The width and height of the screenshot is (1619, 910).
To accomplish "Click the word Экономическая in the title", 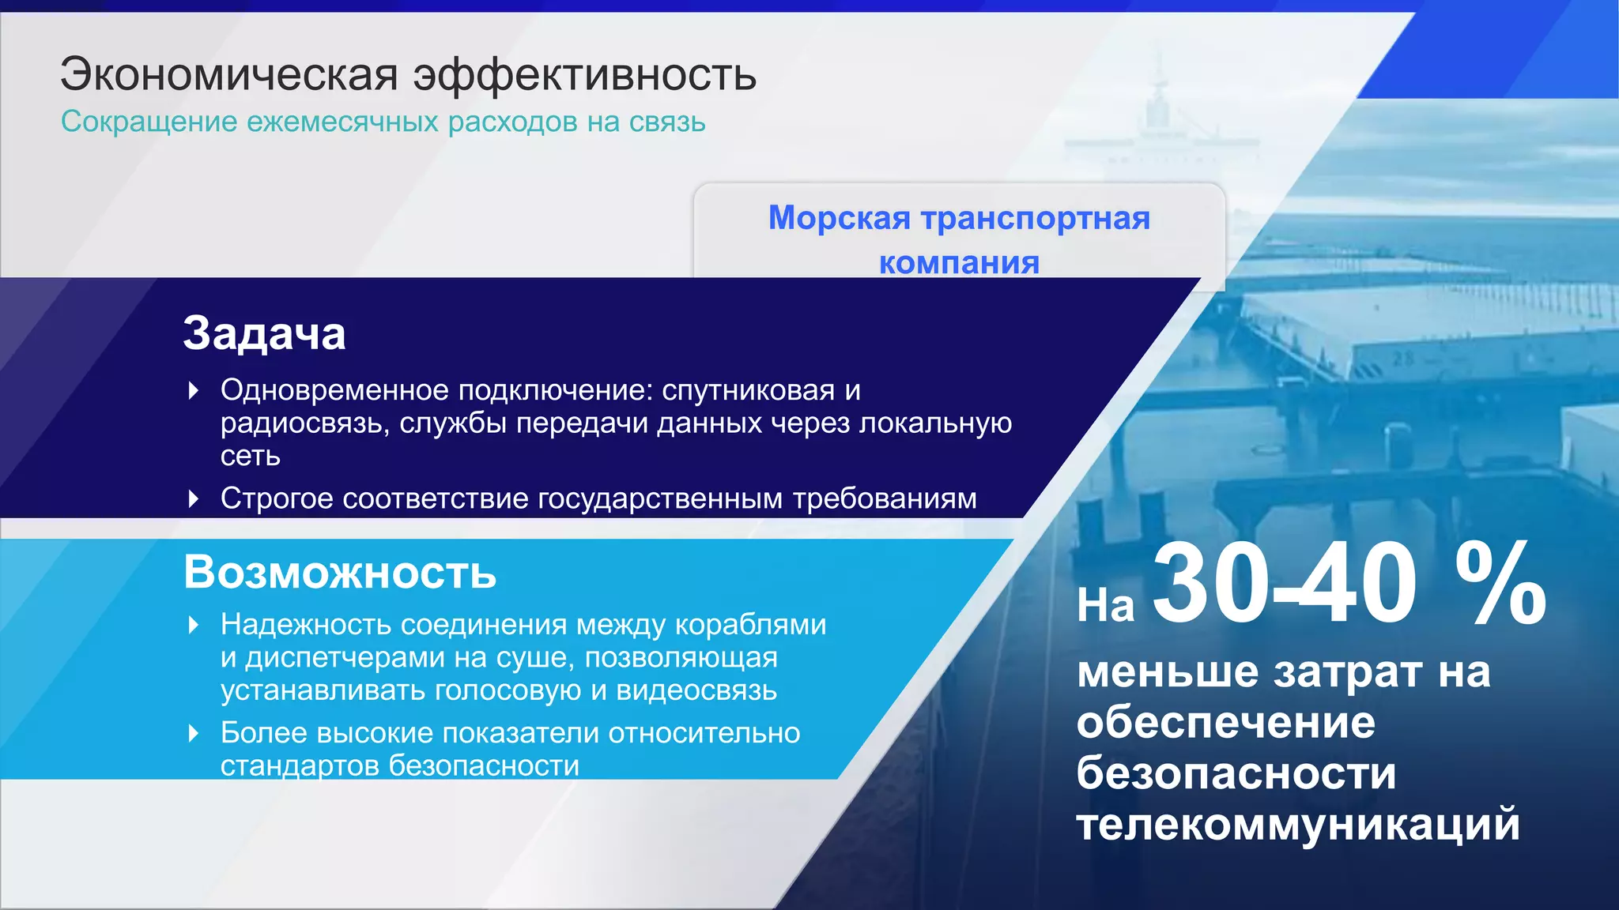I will pos(229,75).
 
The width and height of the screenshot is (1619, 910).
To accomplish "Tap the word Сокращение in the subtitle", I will pos(149,122).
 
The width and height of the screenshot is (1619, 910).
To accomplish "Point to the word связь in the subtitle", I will pos(667,122).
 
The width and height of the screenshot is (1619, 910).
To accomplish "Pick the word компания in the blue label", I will pos(959,262).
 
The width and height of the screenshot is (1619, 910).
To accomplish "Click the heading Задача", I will pos(264,333).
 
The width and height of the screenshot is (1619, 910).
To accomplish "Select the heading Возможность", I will pos(340,572).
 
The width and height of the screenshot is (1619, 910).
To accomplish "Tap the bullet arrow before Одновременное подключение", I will pos(194,390).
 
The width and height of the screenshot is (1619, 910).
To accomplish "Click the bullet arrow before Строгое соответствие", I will pos(194,498).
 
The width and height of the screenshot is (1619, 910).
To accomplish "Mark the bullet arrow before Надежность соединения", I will pos(194,625).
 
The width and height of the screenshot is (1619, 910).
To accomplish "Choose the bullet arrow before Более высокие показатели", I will pos(194,733).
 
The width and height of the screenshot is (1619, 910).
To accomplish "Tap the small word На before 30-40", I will pos(1105,606).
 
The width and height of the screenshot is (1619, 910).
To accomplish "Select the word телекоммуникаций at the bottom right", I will pos(1298,824).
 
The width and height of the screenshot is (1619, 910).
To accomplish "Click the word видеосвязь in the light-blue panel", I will pos(696,690).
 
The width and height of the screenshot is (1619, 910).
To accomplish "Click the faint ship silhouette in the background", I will pos(1158,126).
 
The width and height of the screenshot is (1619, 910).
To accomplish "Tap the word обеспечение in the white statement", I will pos(1225,722).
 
